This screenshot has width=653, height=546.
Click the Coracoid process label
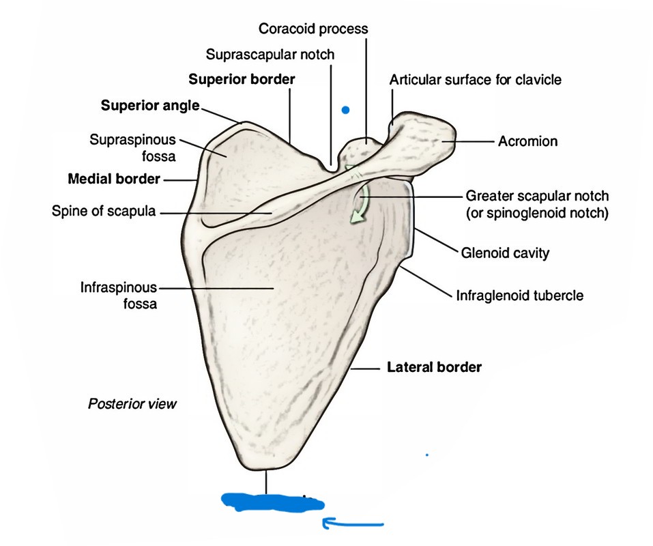click(313, 29)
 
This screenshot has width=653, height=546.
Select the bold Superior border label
click(242, 79)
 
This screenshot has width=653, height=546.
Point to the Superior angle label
click(150, 105)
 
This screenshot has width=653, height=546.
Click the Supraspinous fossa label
click(132, 147)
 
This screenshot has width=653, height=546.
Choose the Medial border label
click(114, 179)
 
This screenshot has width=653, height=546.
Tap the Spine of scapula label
click(103, 212)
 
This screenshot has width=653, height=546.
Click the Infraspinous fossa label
click(119, 295)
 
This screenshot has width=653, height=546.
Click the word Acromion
click(527, 142)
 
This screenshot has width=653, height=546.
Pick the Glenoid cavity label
click(506, 253)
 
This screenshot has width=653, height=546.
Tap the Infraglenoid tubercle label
click(519, 296)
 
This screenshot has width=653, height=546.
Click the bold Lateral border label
click(435, 367)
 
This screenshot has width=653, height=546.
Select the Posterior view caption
click(132, 404)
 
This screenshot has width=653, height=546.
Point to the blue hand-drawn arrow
click(351, 524)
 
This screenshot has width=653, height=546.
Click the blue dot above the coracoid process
click(346, 109)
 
